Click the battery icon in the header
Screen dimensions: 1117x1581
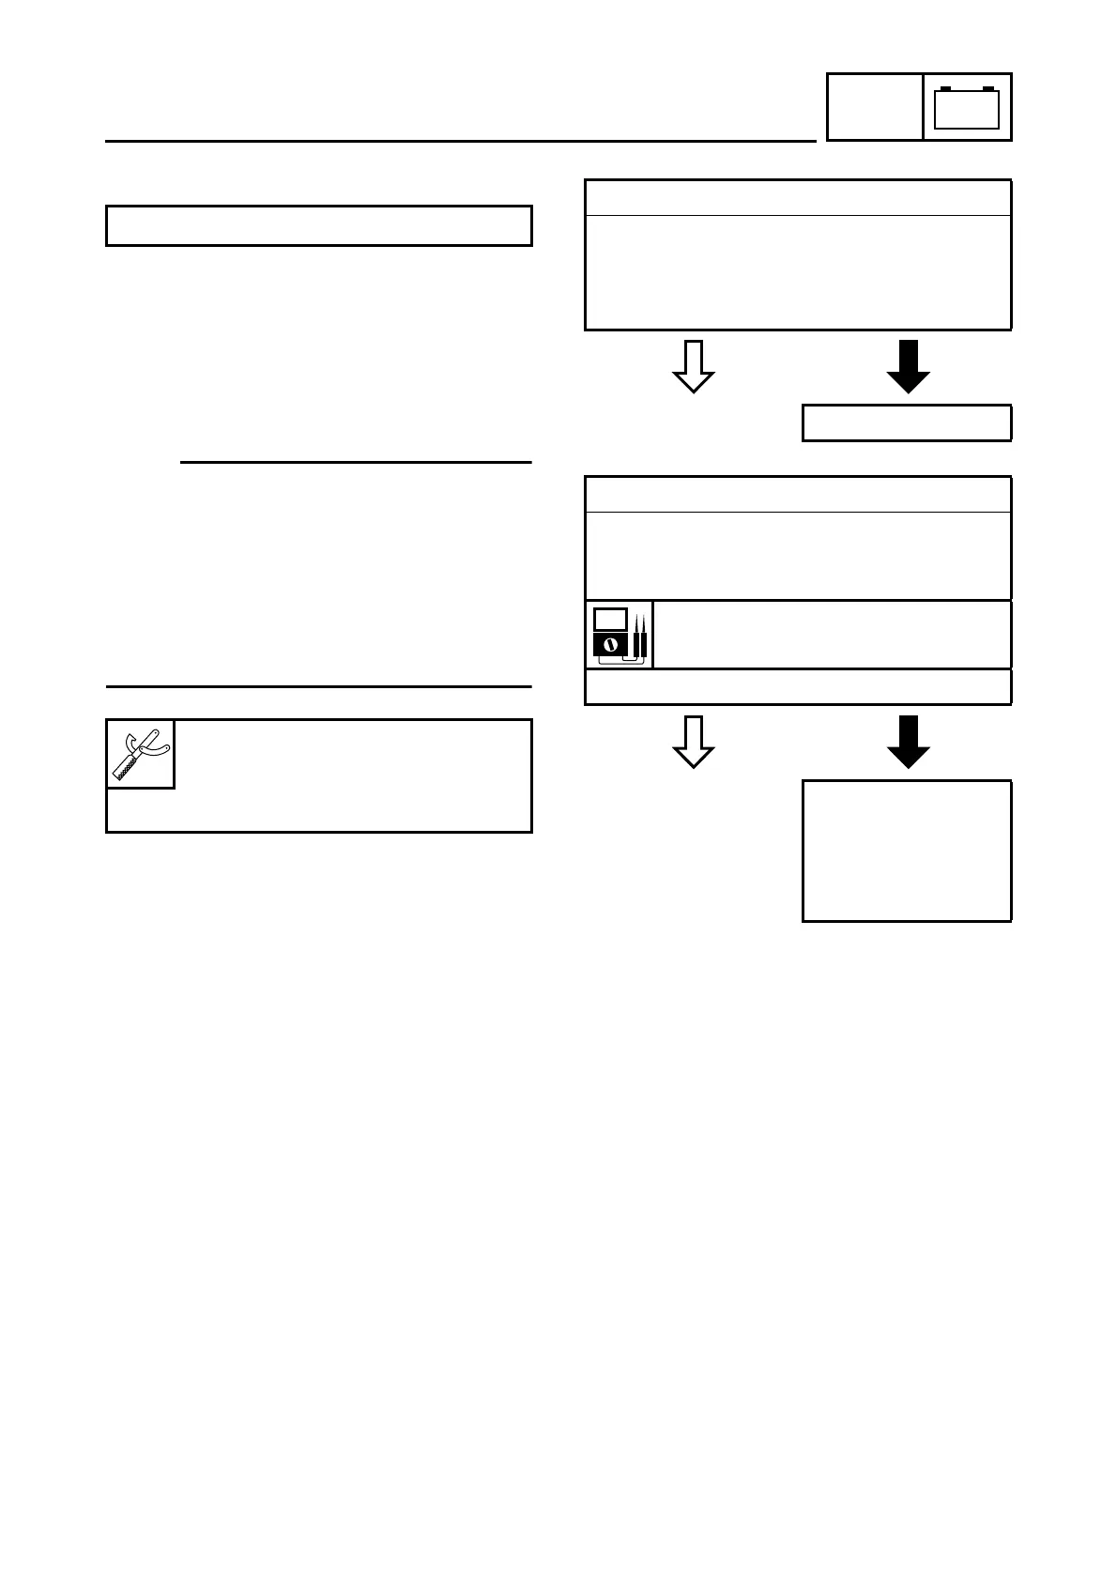967,107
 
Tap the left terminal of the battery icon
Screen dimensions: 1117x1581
946,89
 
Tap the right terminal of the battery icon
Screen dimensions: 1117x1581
987,89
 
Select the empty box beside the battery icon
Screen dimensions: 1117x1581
874,107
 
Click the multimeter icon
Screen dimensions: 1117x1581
619,635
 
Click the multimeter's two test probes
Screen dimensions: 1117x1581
640,636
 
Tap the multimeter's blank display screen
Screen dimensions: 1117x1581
610,620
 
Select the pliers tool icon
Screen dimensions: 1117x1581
141,754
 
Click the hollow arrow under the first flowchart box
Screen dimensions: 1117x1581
694,366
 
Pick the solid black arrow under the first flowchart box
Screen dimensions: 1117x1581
908,366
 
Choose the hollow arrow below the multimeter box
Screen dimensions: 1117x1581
694,742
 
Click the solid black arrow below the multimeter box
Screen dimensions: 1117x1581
908,742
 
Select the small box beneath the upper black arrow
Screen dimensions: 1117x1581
907,422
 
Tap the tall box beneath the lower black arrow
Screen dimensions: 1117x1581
907,851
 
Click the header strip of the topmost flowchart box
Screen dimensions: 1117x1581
798,198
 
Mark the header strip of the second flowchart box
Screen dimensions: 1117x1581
798,495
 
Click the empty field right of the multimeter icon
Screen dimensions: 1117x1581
832,635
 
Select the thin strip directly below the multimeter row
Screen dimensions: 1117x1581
798,686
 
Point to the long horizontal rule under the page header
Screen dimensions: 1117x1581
460,142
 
